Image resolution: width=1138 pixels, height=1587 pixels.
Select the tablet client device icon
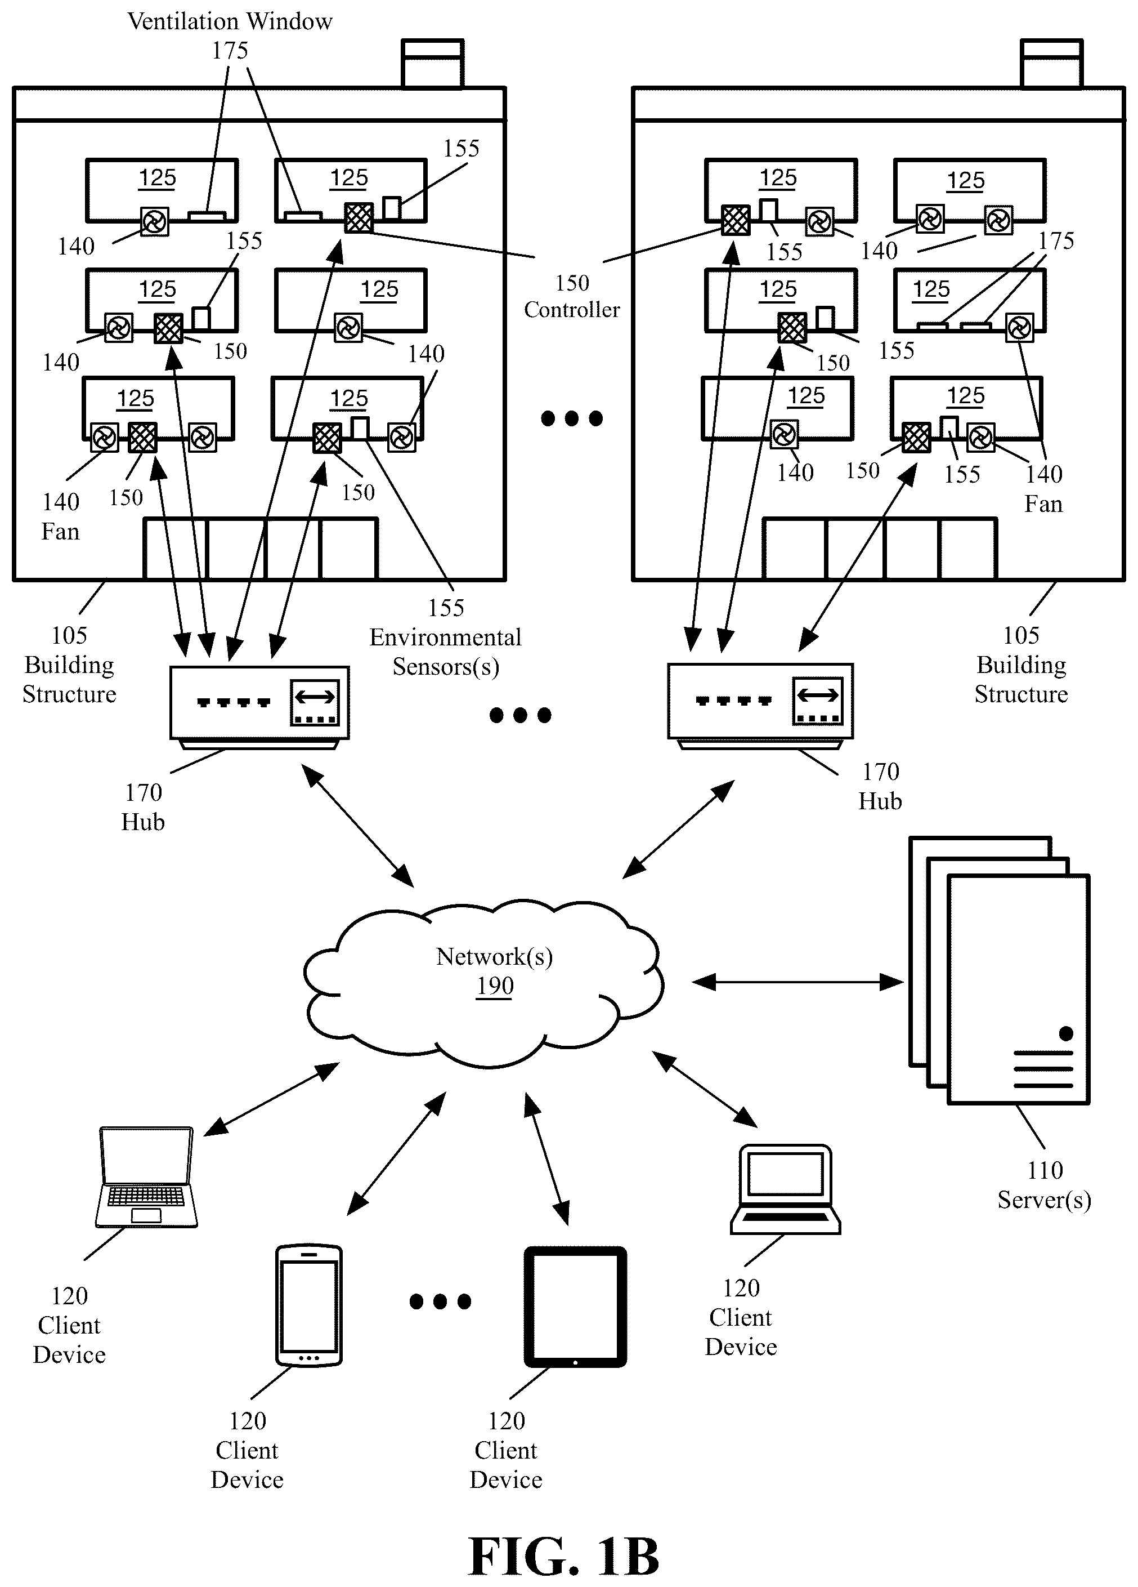[575, 1307]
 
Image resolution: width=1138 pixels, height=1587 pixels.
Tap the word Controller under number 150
[571, 309]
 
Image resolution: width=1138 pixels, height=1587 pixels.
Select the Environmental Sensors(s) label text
[446, 652]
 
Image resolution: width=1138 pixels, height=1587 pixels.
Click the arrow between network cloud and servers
[798, 982]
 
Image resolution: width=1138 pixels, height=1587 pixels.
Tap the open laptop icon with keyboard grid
[146, 1178]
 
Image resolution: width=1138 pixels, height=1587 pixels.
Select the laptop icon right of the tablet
[785, 1189]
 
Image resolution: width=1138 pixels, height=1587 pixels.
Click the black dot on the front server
[1066, 1033]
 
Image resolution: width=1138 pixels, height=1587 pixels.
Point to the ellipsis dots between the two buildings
[571, 418]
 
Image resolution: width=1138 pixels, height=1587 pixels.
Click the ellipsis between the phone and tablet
[440, 1301]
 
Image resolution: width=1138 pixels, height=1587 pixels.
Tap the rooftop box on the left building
[432, 63]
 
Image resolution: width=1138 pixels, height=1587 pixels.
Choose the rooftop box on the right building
[1051, 63]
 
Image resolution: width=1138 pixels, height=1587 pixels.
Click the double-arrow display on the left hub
[315, 702]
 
